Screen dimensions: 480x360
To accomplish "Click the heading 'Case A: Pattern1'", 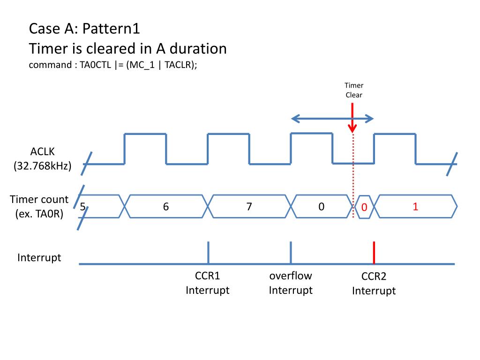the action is point(84,29).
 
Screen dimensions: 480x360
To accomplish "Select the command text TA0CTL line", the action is point(112,65).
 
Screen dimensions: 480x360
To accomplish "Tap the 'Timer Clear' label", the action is point(354,90).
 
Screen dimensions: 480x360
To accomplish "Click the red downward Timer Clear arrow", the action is point(352,118).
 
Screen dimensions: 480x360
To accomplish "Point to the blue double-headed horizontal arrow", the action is point(332,119).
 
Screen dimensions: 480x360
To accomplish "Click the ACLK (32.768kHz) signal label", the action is point(42,158).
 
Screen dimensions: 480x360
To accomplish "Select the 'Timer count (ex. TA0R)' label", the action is point(39,206).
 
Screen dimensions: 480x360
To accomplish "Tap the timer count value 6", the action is point(166,207).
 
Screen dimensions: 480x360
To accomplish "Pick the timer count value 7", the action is point(249,207).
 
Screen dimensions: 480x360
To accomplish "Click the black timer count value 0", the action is point(321,207).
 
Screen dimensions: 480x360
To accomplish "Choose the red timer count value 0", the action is point(364,207).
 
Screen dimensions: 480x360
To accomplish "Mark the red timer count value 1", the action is point(415,207).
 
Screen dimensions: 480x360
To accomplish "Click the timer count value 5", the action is point(82,207).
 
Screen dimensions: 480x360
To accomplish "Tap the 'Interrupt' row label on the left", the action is point(39,258).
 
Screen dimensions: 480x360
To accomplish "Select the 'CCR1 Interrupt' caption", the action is point(208,283).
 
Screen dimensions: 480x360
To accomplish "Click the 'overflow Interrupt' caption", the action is point(291,283).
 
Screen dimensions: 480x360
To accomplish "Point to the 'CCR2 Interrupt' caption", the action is point(374,284).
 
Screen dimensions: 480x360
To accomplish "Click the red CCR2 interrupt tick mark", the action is point(374,253).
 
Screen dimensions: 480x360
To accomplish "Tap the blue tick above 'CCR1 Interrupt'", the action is point(208,253).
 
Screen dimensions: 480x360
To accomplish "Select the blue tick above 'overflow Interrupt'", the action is point(291,253).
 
